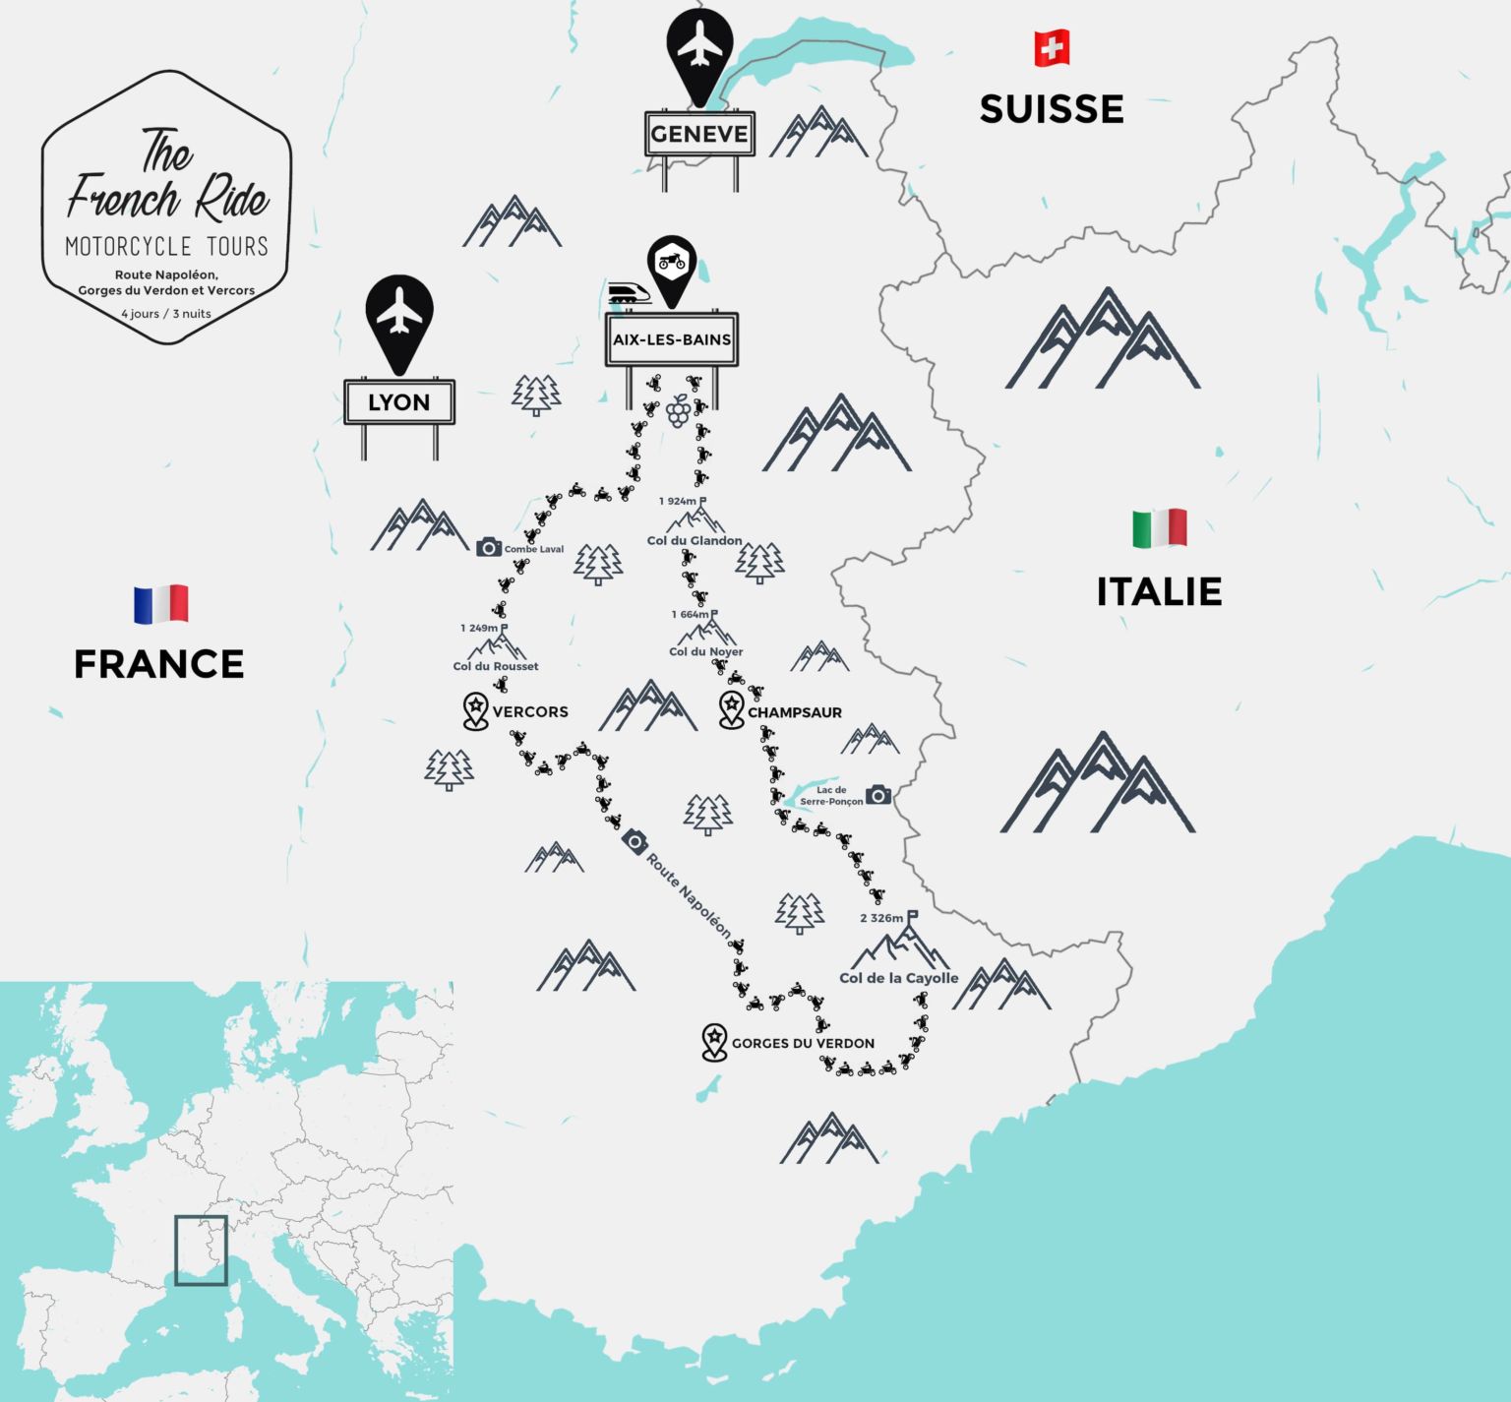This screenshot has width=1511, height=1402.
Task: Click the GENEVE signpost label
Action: pos(699,134)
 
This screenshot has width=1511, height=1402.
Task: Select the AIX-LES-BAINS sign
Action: pos(672,339)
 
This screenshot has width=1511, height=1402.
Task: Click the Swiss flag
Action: pos(1052,48)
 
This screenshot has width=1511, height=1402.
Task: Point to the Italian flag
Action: pos(1160,528)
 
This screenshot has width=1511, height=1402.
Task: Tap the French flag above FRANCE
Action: pos(161,604)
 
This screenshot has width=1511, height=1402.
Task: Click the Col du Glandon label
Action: pos(695,540)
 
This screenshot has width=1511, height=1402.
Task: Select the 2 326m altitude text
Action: pos(881,918)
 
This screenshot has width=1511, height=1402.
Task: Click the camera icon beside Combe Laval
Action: pos(489,547)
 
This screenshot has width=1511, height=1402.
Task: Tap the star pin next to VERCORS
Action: pos(476,709)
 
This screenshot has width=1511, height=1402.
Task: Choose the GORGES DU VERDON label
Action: pos(803,1043)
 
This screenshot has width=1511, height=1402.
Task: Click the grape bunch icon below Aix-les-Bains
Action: pos(678,410)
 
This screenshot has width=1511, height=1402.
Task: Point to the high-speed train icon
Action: pos(628,292)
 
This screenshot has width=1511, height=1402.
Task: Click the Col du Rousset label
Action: pos(496,666)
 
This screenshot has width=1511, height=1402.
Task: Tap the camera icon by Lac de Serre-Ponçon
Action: pos(878,795)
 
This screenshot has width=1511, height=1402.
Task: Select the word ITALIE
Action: pos(1159,591)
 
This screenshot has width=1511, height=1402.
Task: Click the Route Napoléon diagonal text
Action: pos(689,895)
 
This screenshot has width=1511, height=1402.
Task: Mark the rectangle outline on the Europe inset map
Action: pos(201,1250)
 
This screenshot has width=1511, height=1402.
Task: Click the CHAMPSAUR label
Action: pos(794,712)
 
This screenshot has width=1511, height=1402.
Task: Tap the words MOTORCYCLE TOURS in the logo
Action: pos(166,246)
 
